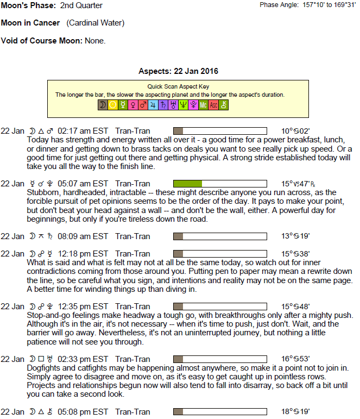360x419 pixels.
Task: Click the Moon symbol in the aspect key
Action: [103, 105]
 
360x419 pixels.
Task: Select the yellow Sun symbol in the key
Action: [113, 105]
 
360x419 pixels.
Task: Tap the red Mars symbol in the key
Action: [143, 105]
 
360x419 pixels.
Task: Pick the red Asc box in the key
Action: [213, 105]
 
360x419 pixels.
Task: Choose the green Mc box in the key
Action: [203, 105]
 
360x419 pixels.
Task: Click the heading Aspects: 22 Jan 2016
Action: [178, 71]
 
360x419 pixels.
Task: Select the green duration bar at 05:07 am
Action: [187, 184]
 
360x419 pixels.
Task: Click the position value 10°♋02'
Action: [295, 131]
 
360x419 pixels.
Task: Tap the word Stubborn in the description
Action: [43, 192]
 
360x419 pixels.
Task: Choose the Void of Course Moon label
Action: [42, 41]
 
